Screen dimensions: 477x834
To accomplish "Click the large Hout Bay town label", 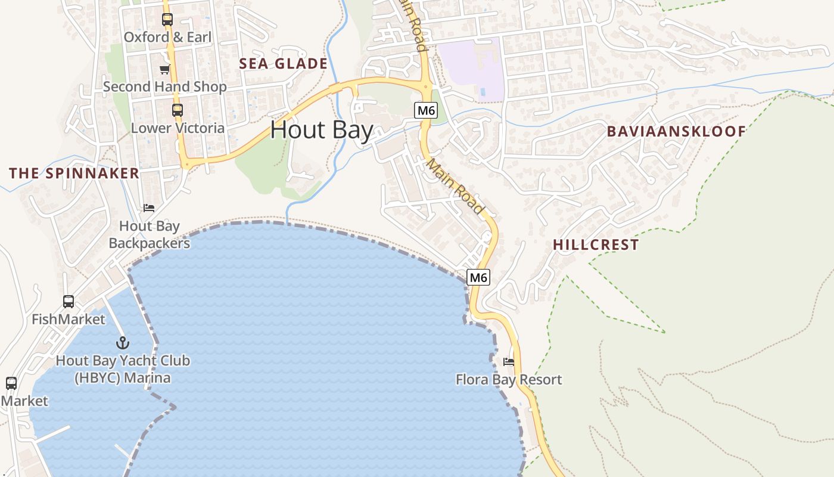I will click(322, 130).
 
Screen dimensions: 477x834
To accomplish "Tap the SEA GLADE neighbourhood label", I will click(284, 64).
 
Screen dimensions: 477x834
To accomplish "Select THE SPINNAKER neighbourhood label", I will click(74, 174).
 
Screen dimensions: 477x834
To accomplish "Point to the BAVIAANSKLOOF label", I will click(676, 132).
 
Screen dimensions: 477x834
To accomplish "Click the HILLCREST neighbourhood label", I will click(596, 244).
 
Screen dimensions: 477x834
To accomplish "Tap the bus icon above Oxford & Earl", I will click(167, 20).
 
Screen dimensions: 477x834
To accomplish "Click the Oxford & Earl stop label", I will click(167, 37).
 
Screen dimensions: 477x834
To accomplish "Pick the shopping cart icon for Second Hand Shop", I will click(165, 70).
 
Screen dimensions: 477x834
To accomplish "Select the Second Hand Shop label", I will click(165, 86).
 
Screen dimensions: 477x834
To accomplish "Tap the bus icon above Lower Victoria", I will click(178, 110).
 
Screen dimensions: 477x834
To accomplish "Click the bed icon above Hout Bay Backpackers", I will click(149, 208).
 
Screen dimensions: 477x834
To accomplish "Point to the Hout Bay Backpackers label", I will click(150, 234).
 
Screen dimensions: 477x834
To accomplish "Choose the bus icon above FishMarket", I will click(69, 302).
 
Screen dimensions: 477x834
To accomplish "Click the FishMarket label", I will click(69, 319).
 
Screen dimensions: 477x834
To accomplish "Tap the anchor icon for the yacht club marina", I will click(123, 343).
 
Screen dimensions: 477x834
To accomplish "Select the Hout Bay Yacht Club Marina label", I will click(123, 369).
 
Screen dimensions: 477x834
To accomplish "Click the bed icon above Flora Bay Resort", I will click(509, 362).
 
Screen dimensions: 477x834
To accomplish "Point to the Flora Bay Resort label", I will click(509, 380).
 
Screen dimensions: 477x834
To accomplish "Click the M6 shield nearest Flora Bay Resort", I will click(479, 277).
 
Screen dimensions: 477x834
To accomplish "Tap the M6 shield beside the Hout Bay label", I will click(425, 110).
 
